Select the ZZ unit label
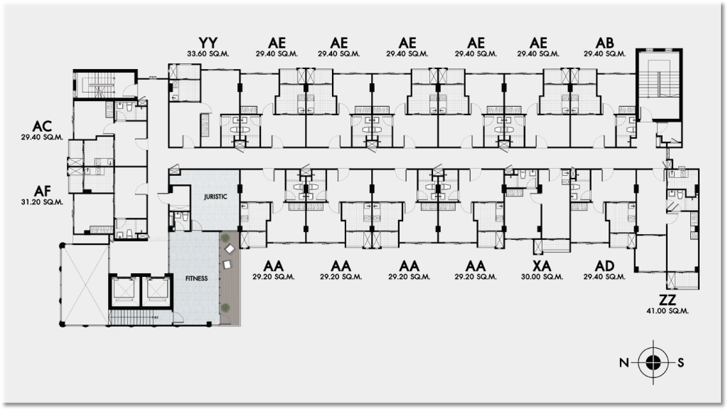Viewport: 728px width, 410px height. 668,300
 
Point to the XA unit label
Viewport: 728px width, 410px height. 543,266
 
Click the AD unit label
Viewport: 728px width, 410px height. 604,266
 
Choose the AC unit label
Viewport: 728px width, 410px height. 41,123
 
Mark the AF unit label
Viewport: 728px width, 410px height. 41,191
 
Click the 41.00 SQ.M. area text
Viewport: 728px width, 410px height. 668,312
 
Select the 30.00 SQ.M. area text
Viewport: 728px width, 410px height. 543,276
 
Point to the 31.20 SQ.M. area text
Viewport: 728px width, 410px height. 42,202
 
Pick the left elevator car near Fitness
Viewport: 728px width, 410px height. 123,288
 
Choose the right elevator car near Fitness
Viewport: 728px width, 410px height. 155,288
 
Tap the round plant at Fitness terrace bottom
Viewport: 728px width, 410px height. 225,307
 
